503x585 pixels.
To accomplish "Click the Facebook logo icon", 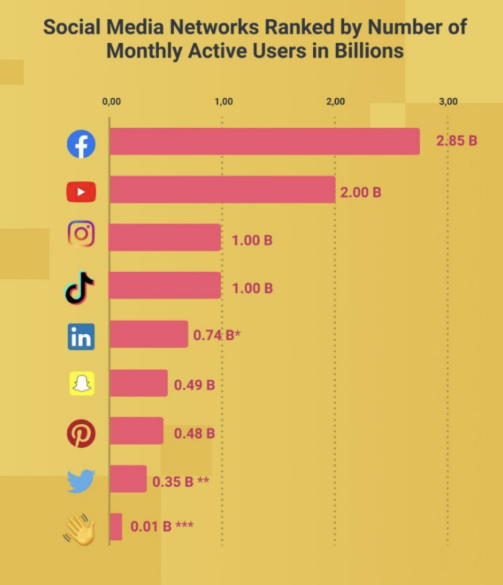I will pos(81,144).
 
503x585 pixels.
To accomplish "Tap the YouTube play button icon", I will pos(81,193).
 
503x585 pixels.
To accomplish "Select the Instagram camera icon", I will pos(81,235).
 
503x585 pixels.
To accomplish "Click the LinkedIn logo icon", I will pos(81,336).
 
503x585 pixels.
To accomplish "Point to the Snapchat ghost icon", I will pos(81,384).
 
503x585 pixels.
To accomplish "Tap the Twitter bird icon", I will pos(81,481).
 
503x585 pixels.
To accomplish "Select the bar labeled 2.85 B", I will pos(265,141).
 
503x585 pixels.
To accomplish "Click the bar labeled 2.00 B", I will pos(222,190).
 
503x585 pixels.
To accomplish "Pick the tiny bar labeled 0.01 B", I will pos(116,526).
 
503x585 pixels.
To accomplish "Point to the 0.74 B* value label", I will pos(216,336).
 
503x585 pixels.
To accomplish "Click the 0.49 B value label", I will pos(194,384).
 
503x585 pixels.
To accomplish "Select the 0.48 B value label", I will pos(194,433).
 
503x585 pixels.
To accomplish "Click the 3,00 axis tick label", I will pos(448,102).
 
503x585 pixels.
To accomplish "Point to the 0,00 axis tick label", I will pos(111,102).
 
